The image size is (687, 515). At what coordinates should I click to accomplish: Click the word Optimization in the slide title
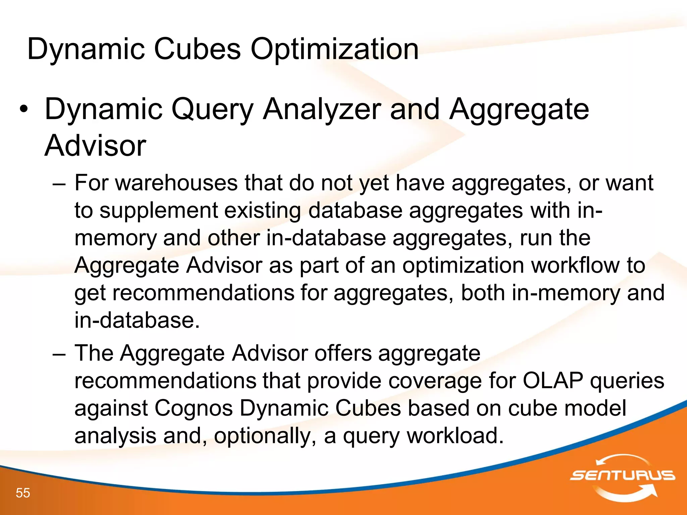[334, 49]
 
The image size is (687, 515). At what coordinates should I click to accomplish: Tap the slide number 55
[23, 493]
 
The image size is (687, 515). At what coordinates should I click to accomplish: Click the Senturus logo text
[622, 475]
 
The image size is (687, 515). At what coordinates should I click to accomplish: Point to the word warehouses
[176, 183]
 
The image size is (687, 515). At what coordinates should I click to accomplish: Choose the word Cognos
[194, 408]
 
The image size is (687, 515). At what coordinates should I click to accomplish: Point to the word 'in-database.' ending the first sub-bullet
[137, 320]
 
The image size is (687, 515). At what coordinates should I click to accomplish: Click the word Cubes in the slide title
[197, 49]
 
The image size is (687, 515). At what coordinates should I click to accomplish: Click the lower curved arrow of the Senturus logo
[627, 493]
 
